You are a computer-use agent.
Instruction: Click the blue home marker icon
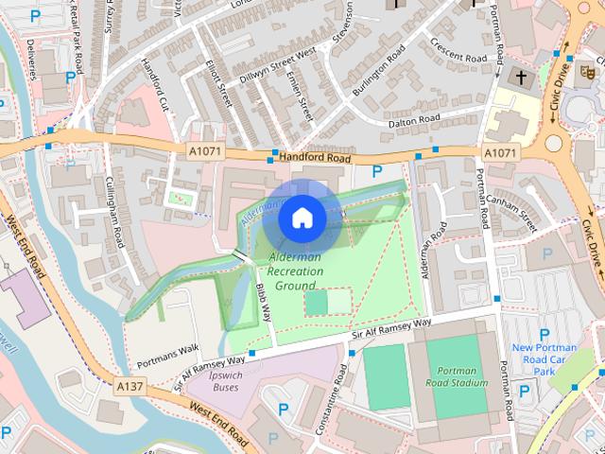click(x=302, y=218)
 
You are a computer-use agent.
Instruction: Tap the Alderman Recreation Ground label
click(x=295, y=271)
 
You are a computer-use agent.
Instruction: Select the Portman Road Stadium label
click(x=457, y=376)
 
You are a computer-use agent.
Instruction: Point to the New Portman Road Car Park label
click(x=544, y=359)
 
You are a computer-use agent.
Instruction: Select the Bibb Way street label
click(x=264, y=302)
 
